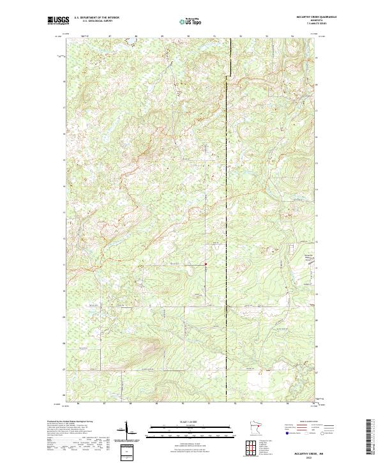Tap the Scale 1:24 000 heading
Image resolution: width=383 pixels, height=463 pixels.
(191, 422)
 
